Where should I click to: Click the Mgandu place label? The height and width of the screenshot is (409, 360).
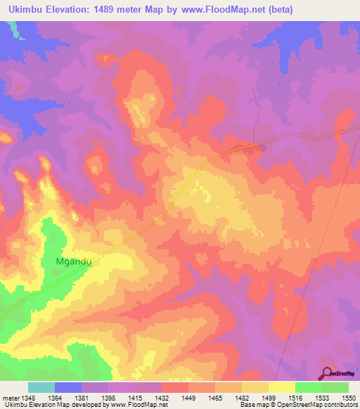[x=74, y=261]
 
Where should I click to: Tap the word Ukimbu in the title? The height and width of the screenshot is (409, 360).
[x=23, y=9]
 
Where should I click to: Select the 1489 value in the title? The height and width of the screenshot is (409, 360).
[x=115, y=9]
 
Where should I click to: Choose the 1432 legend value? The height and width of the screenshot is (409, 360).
[x=173, y=398]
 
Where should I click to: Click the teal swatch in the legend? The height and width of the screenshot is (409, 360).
[x=41, y=387]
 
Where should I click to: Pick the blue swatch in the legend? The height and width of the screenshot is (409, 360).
[x=68, y=387]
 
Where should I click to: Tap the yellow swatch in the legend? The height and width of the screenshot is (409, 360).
[x=282, y=387]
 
